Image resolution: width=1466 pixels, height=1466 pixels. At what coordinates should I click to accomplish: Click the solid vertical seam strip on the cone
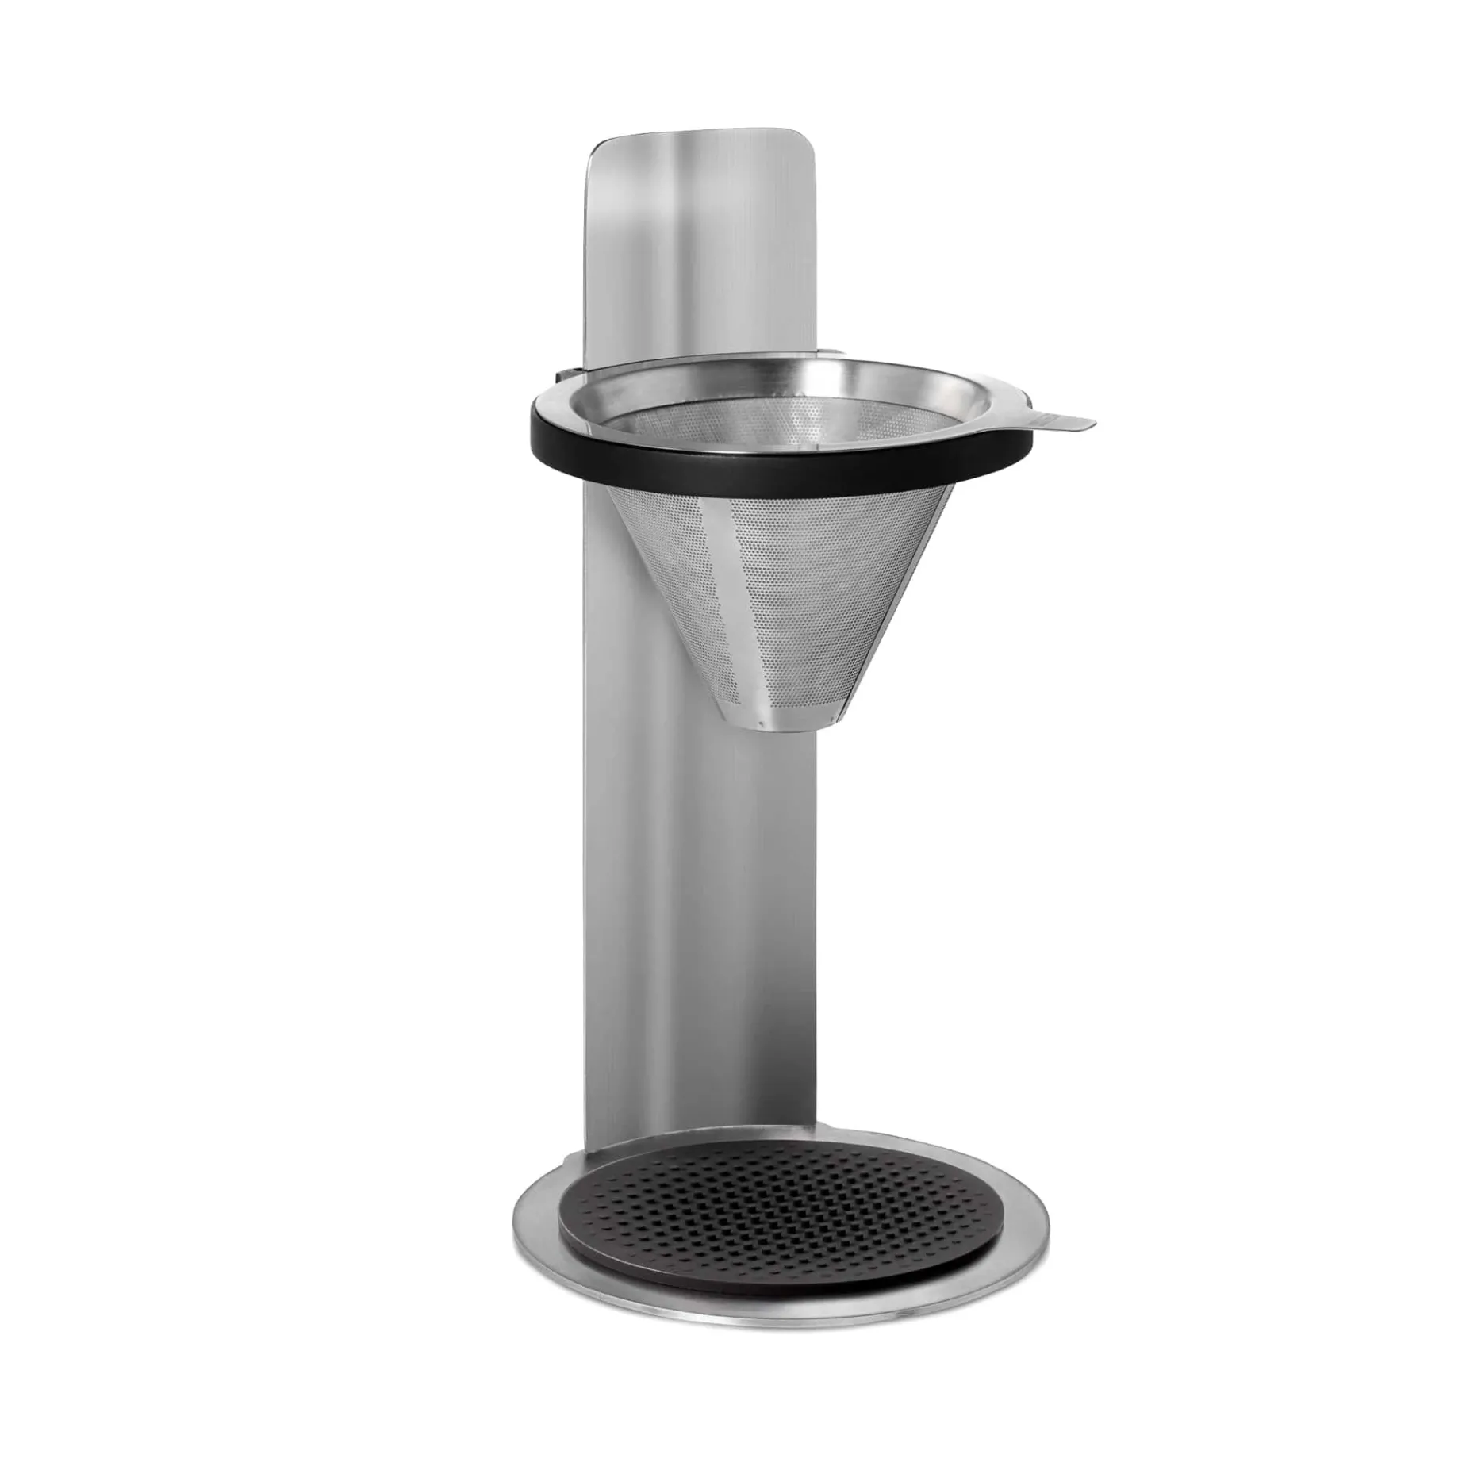point(734,603)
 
